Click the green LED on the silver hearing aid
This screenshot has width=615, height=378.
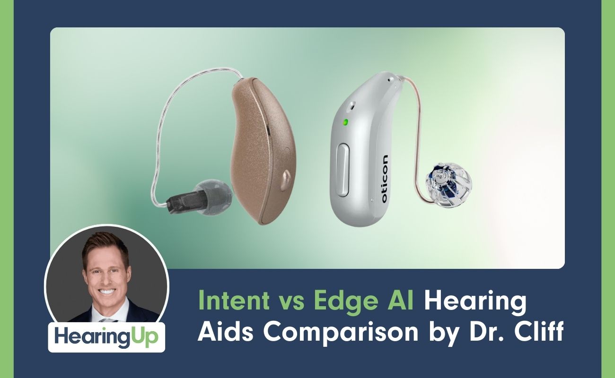tap(345, 122)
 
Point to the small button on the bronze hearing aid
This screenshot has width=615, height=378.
tap(286, 177)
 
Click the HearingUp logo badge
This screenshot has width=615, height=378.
tap(106, 336)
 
